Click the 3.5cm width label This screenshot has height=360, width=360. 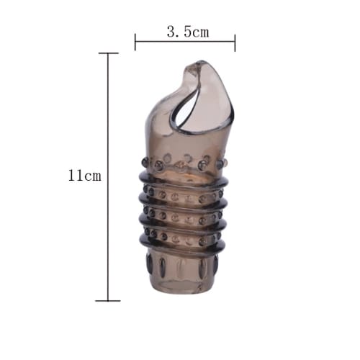pos(188,32)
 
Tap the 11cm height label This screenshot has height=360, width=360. pos(85,175)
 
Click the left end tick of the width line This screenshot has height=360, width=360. pos(135,42)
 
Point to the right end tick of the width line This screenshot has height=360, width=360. pos(235,42)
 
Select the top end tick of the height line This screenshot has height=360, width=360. pos(109,53)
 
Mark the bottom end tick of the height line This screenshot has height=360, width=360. pos(108,300)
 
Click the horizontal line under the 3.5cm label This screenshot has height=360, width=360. pos(185,42)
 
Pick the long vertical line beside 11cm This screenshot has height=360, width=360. pos(108,176)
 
